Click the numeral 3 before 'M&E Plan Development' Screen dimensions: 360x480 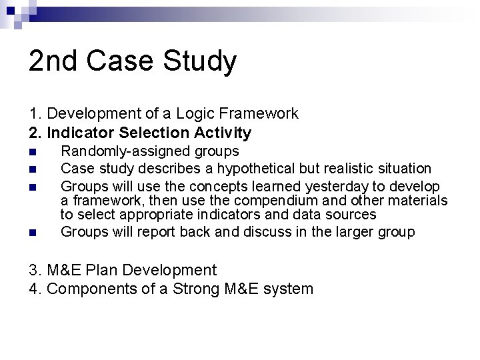click(34, 270)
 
